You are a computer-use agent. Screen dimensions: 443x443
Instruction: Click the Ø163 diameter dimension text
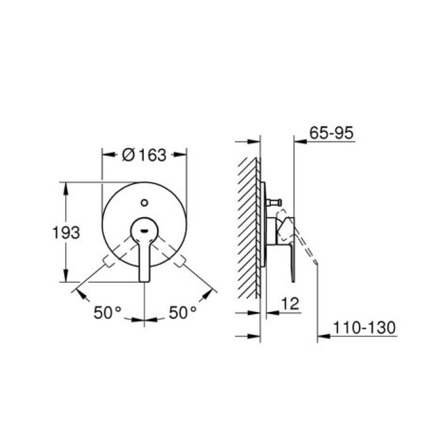(144, 154)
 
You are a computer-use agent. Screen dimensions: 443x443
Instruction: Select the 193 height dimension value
(66, 232)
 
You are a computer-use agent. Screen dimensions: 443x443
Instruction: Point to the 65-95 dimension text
(332, 133)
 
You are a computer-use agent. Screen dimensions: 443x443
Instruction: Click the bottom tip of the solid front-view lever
(144, 279)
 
